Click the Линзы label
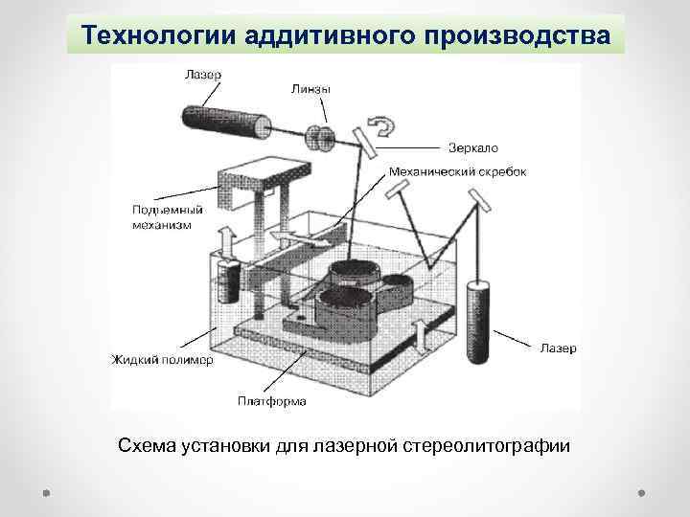(311, 89)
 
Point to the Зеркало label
(473, 147)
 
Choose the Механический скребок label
(457, 172)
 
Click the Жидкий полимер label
(163, 360)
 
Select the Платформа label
(272, 401)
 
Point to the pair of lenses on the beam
(319, 137)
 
